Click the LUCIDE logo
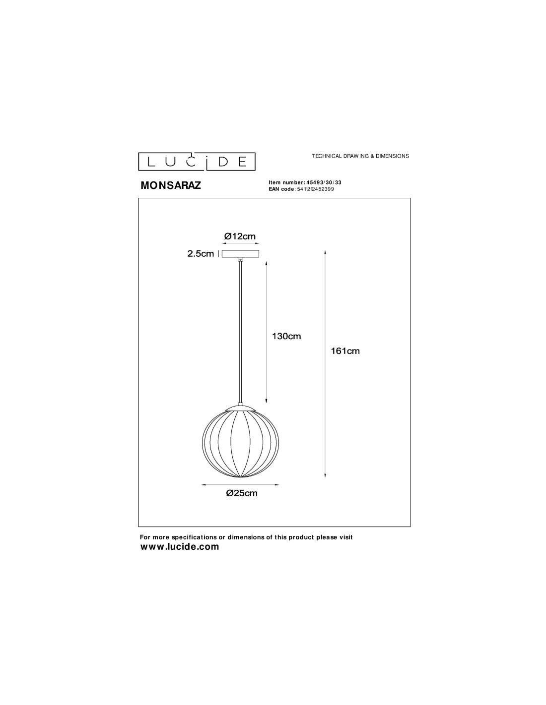click(197, 162)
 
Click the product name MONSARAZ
click(171, 185)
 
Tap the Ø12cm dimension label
click(240, 236)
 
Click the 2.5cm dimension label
click(201, 253)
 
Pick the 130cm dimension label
click(286, 336)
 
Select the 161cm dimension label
click(345, 351)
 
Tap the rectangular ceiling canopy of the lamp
click(240, 254)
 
